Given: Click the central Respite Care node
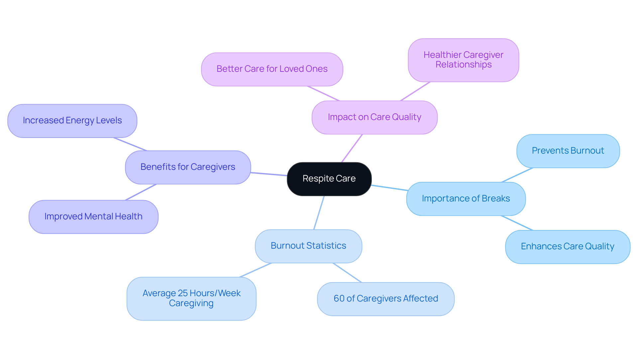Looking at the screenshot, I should pyautogui.click(x=329, y=179).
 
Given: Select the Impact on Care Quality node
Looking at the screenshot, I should pyautogui.click(x=374, y=117).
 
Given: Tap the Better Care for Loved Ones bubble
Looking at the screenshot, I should pyautogui.click(x=272, y=69).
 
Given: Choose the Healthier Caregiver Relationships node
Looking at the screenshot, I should pyautogui.click(x=463, y=60).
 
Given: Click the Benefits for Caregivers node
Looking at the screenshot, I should pyautogui.click(x=188, y=167).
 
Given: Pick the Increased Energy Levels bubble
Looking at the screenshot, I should pyautogui.click(x=72, y=121).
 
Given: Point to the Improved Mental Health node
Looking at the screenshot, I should pyautogui.click(x=93, y=217).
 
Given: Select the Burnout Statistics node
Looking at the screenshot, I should pyautogui.click(x=308, y=246).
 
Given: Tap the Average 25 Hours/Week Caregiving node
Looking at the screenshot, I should pyautogui.click(x=191, y=299).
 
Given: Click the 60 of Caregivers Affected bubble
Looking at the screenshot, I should pyautogui.click(x=385, y=299).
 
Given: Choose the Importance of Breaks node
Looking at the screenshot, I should pyautogui.click(x=466, y=199).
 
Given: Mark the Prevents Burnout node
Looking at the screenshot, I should pyautogui.click(x=568, y=151).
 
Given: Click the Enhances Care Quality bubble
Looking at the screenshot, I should pyautogui.click(x=567, y=247).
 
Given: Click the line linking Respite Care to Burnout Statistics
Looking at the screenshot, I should pyautogui.click(x=319, y=213).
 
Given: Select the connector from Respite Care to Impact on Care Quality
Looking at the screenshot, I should pyautogui.click(x=352, y=148).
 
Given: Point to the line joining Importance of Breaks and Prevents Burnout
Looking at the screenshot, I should pyautogui.click(x=517, y=175).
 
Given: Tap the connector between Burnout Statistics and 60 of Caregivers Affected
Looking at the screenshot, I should pyautogui.click(x=347, y=273).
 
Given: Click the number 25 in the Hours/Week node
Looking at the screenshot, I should pyautogui.click(x=183, y=293).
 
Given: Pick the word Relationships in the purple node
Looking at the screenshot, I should pyautogui.click(x=463, y=65).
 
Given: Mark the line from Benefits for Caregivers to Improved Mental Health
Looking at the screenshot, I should pyautogui.click(x=141, y=192).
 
